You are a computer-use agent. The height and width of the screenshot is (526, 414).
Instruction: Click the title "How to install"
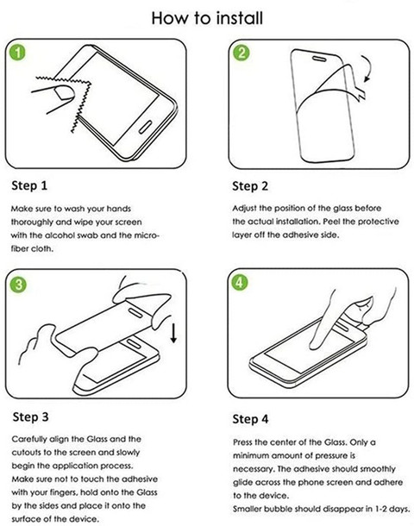(207, 18)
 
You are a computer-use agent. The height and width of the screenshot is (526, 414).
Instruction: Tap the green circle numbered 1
(17, 53)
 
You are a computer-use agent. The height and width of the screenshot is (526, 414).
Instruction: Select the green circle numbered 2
(241, 53)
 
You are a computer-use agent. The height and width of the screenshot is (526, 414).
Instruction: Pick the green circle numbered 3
(18, 285)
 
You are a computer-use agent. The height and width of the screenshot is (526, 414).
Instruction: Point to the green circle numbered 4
(239, 283)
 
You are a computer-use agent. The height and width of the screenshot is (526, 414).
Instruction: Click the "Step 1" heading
(29, 185)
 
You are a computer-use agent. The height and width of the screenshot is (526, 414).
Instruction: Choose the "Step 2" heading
(250, 186)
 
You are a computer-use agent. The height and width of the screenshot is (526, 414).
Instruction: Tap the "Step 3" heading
(30, 417)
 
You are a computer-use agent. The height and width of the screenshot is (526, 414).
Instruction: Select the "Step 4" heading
(251, 419)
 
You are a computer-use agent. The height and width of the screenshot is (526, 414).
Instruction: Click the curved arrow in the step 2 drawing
(370, 68)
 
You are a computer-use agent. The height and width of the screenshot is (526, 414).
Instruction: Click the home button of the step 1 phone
(146, 127)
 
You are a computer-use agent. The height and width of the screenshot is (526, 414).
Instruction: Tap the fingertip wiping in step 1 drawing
(65, 93)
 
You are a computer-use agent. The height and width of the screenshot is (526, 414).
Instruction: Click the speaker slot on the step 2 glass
(319, 59)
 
